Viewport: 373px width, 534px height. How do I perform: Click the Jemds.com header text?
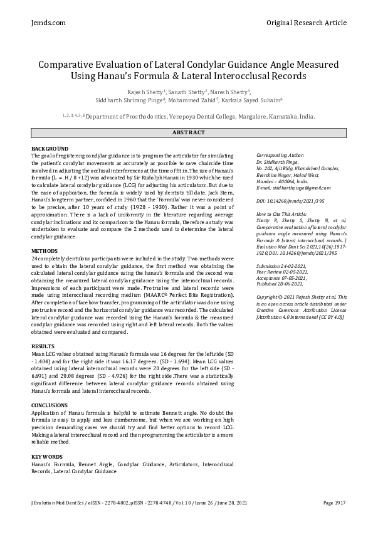[48, 23]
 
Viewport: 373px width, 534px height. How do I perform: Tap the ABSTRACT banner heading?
[188, 132]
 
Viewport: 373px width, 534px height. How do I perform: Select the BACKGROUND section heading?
[50, 148]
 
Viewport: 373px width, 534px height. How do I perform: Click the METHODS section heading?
[45, 251]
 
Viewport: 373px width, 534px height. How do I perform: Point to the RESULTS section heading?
[43, 346]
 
